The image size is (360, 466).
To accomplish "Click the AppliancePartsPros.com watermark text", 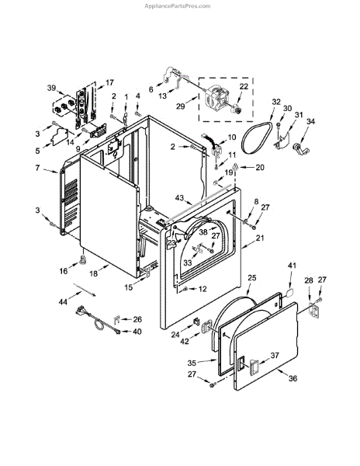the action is click(x=178, y=6).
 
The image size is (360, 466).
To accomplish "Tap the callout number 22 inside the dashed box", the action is click(x=244, y=86).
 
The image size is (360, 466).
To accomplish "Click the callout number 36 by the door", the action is click(x=292, y=378).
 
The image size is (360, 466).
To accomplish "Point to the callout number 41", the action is click(x=292, y=265).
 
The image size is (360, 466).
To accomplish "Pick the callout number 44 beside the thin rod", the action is click(x=63, y=302).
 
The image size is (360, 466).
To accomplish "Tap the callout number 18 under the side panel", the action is click(x=93, y=273).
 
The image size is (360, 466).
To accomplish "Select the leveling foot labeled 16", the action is click(x=83, y=259).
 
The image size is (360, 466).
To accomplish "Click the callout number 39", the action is click(x=52, y=88).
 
